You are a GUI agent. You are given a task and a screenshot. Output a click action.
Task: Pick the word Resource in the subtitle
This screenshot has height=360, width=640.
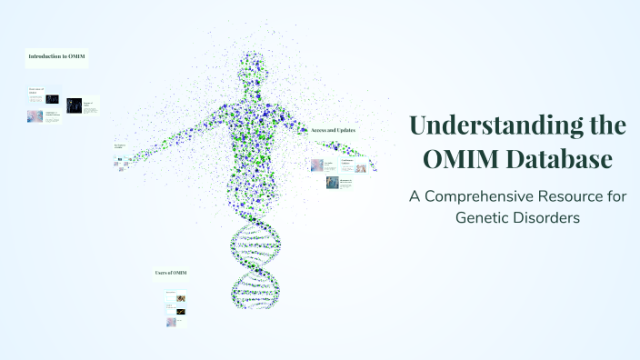point(595,197)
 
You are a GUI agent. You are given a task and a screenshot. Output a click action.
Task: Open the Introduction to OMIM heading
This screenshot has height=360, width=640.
point(57,57)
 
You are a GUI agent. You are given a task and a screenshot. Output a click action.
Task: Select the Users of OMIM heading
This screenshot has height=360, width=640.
point(171,273)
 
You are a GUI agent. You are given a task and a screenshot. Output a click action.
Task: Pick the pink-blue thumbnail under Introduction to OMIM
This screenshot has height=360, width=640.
point(35,116)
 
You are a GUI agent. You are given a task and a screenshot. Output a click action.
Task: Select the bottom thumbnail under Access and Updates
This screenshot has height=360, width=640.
point(333,183)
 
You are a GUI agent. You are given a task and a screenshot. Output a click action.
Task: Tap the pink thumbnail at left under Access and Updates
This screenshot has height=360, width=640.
point(317,165)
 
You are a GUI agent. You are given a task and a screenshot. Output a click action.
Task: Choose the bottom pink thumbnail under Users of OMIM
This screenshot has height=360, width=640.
point(171,322)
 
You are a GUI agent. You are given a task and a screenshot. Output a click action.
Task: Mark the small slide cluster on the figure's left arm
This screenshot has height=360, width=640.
point(120,161)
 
